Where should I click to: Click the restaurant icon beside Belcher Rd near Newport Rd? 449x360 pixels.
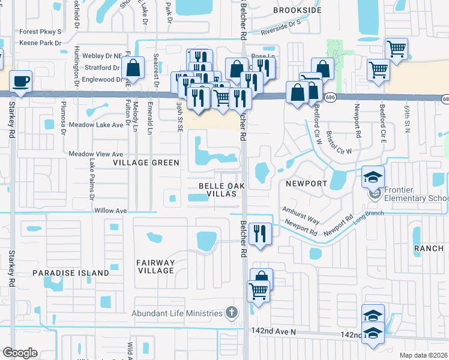pos(259,233)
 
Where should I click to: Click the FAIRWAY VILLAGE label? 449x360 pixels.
pos(155,266)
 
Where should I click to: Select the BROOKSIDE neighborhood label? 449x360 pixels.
pos(298,11)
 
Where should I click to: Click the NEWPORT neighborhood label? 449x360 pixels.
pos(306,184)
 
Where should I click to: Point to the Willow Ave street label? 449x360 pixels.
pos(110,211)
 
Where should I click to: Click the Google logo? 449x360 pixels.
pos(20,353)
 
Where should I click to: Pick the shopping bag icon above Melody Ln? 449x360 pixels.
pos(134,68)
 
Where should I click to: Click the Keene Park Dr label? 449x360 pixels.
pos(41,43)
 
